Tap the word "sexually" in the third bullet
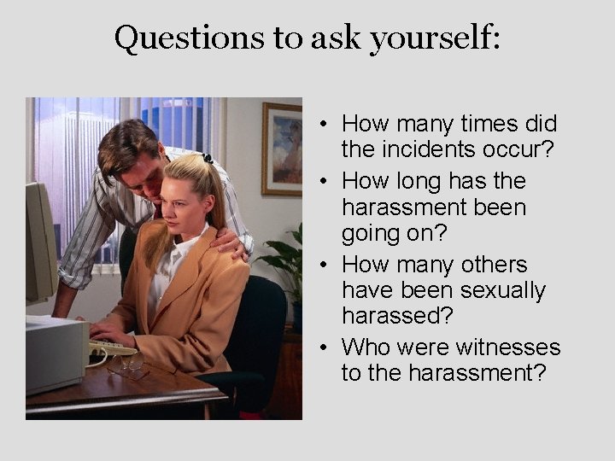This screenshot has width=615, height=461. tap(503, 290)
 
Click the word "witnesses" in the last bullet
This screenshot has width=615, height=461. tap(507, 347)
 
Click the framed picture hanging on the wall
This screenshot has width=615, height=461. tap(282, 149)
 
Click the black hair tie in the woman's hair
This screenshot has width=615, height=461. tap(208, 158)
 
